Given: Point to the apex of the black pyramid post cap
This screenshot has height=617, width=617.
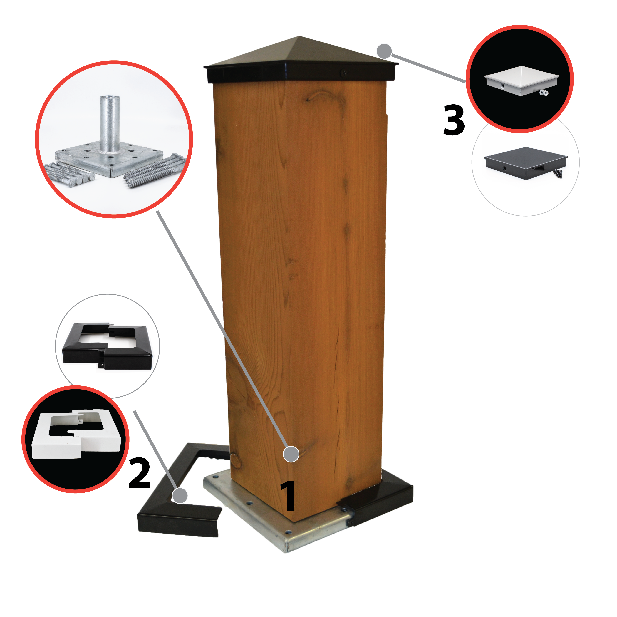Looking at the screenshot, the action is [x=299, y=36].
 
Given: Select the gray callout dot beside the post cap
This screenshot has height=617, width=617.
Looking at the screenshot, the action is [x=384, y=51].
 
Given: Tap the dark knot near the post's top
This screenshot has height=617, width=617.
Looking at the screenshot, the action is [x=323, y=96].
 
